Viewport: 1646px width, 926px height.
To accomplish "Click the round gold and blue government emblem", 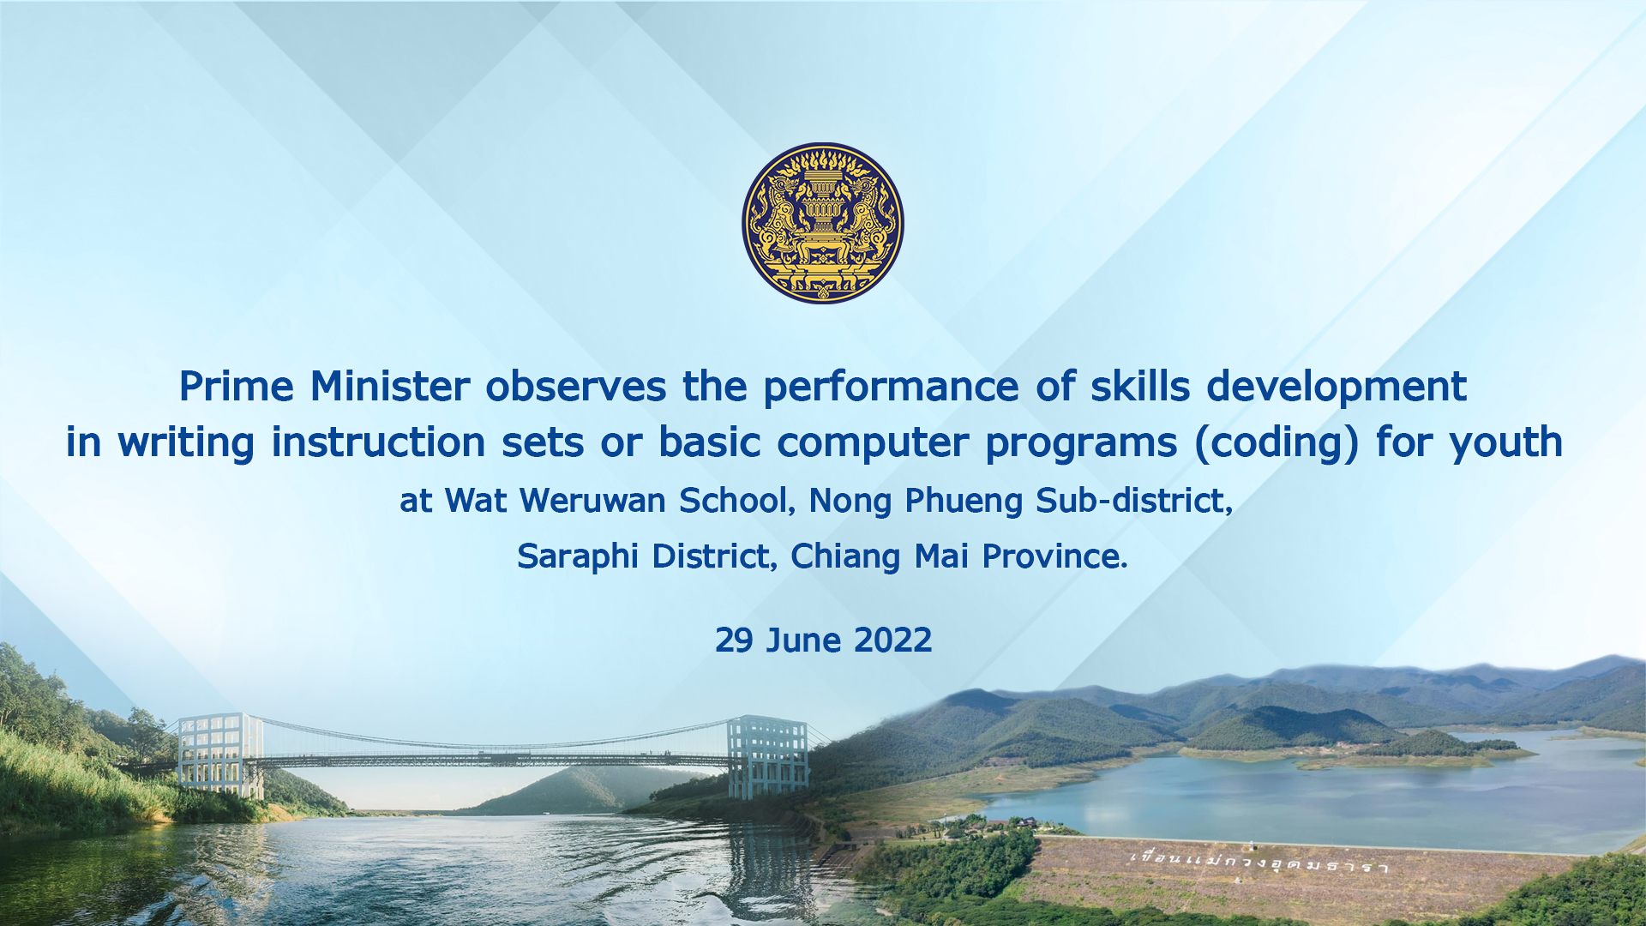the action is coord(823,223).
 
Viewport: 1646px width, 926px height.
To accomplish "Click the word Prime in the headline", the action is coord(237,387).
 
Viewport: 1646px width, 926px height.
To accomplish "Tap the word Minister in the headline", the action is coord(390,386).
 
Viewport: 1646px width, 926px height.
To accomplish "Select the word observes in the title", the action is coord(576,386).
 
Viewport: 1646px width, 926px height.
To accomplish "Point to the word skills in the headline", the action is coord(1140,386).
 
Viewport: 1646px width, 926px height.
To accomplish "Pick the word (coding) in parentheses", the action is coord(1277,443).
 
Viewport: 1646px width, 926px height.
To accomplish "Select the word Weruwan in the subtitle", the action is coord(592,501).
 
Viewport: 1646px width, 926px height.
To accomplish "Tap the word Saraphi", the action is coord(578,557).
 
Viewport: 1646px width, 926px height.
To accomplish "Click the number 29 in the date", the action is coord(734,640).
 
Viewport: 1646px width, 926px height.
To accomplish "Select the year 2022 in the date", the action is coord(892,640).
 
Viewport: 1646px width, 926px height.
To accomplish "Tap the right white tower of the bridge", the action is coord(768,757).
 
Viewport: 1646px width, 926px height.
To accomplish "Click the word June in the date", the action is coord(803,640).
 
